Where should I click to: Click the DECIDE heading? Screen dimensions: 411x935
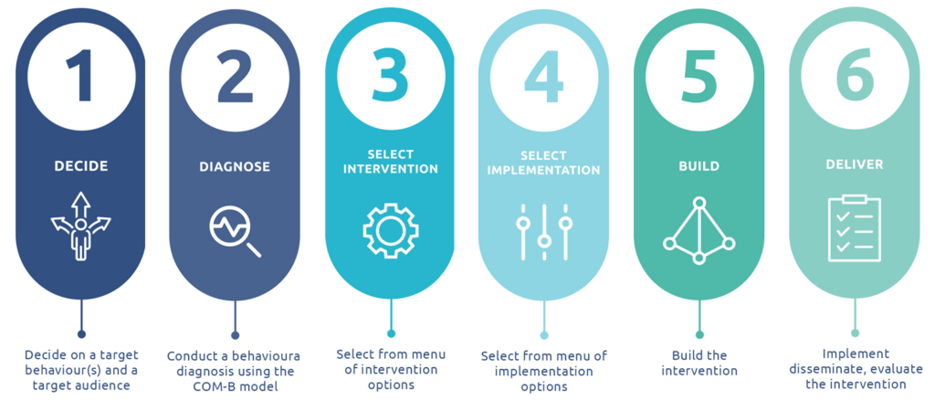coord(81,166)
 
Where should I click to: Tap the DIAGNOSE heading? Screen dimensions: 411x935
coord(235,166)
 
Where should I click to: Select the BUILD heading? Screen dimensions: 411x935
coord(699,166)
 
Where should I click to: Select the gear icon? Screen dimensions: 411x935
coord(390,228)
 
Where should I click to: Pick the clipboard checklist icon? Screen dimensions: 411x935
coord(855,228)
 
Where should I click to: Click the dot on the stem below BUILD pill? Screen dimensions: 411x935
coord(699,333)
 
